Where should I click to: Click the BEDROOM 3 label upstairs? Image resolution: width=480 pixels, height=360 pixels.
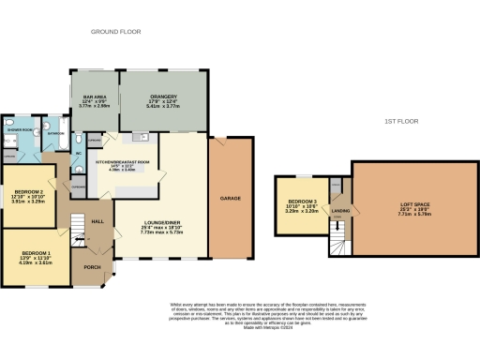302,202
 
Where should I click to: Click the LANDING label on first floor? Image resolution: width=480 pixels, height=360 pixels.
337,210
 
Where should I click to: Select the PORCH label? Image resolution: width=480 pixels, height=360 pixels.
92,266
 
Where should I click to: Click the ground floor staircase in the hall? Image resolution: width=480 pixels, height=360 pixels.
78,228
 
